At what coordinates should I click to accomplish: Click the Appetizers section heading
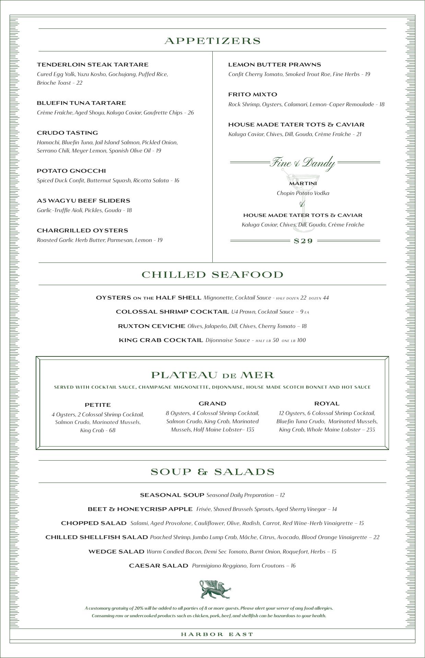213,41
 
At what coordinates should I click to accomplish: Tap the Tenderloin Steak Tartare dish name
93,65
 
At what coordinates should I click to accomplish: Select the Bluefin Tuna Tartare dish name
81,103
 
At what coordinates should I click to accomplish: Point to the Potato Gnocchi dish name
71,171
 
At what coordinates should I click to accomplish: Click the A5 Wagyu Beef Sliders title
83,201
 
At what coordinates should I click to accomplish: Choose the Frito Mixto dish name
252,95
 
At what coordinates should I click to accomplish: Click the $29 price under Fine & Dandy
304,241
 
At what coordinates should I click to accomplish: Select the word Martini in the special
303,184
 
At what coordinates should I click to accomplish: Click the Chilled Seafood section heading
213,275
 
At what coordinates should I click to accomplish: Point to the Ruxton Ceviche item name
151,326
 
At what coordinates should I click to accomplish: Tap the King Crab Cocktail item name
161,340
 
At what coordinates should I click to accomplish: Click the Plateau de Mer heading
213,375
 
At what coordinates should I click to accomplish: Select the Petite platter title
98,405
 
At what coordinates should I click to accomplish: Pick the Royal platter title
327,404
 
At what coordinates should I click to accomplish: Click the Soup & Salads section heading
213,472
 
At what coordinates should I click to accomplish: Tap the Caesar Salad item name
158,566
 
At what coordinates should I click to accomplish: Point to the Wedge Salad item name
116,552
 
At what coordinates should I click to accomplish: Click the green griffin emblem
215,590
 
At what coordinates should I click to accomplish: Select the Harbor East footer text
217,634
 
